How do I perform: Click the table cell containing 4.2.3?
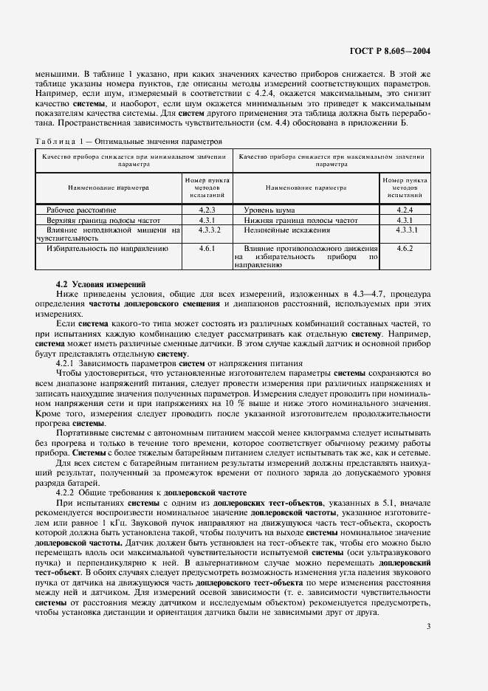(x=207, y=210)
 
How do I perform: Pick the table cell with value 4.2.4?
(x=404, y=210)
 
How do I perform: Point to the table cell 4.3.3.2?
(x=207, y=230)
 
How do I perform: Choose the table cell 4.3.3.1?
(x=404, y=230)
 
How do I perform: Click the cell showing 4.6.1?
(x=207, y=250)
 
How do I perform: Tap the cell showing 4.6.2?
(x=404, y=250)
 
